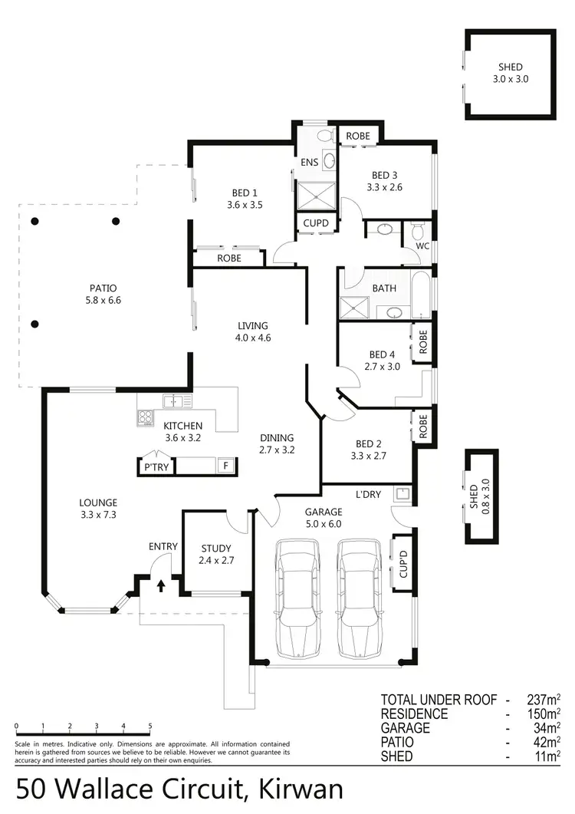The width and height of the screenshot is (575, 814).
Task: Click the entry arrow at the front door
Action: coord(161,587)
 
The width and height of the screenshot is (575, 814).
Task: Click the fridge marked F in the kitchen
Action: coord(225,466)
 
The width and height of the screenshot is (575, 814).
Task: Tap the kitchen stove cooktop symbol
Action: coord(146,417)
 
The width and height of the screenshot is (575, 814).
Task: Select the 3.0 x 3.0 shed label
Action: coord(510,73)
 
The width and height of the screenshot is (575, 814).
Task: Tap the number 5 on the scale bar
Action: coord(150,727)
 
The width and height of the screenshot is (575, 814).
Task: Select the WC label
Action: coord(422,246)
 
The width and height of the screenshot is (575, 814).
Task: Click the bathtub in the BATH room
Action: coord(421,295)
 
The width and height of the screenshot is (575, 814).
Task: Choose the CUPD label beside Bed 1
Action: coord(316,223)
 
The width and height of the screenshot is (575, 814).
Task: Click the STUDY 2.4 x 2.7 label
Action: coord(217,554)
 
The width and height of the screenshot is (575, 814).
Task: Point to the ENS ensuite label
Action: coord(310,163)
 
